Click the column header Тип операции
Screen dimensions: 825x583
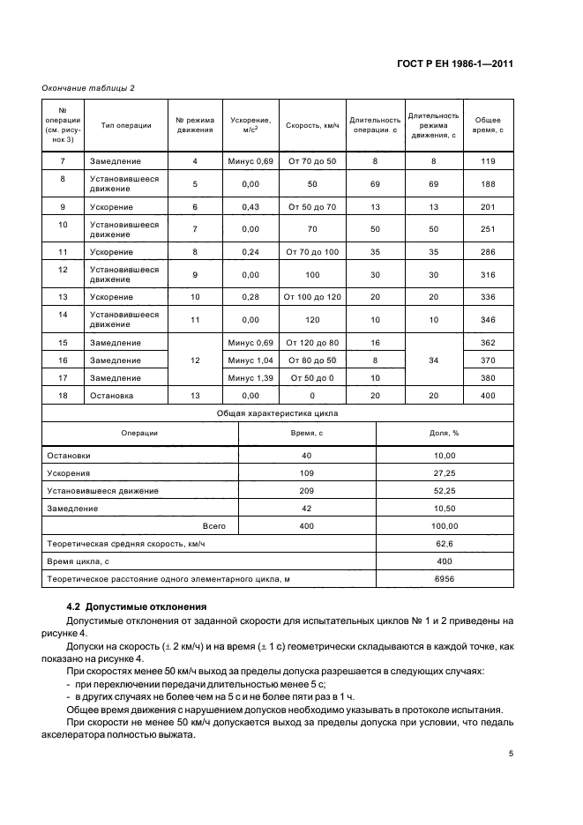point(126,125)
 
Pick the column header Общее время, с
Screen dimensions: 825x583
point(489,125)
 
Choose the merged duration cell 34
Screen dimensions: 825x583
point(432,360)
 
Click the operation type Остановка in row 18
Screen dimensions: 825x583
point(111,397)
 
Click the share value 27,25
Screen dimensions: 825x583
point(445,473)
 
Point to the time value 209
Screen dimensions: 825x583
point(307,491)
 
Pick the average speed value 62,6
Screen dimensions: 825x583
point(445,544)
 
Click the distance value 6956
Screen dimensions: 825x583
point(445,579)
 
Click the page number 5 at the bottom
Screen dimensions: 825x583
point(511,754)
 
